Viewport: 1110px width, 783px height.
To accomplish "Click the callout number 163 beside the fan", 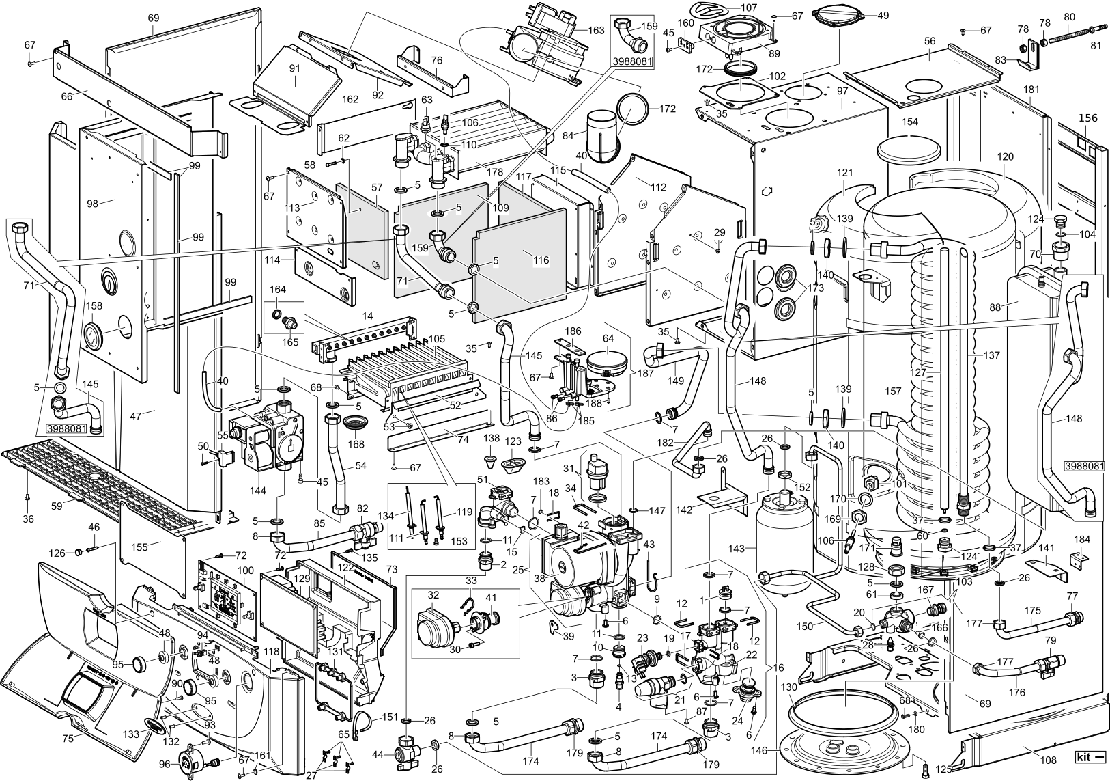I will pyautogui.click(x=596, y=30).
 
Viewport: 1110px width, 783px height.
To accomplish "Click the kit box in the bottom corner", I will pyautogui.click(x=1090, y=757).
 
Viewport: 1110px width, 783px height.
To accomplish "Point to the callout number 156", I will pyautogui.click(x=1087, y=118).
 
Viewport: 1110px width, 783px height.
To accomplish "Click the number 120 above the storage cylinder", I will pyautogui.click(x=1005, y=156).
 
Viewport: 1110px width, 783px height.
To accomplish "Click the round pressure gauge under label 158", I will pyautogui.click(x=90, y=338).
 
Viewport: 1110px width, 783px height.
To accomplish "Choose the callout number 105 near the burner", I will pyautogui.click(x=436, y=339).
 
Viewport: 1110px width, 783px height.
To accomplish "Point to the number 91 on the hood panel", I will pyautogui.click(x=294, y=68).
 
